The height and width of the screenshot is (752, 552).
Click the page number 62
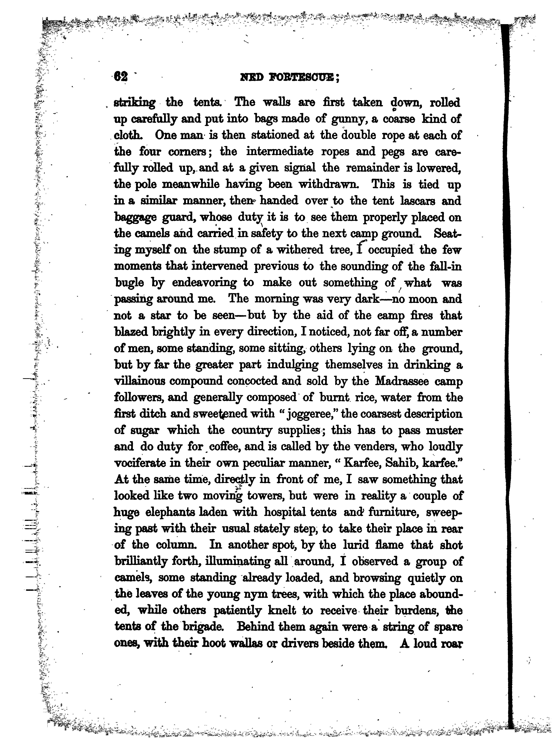(121, 77)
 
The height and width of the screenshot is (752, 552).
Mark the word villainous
(140, 381)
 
